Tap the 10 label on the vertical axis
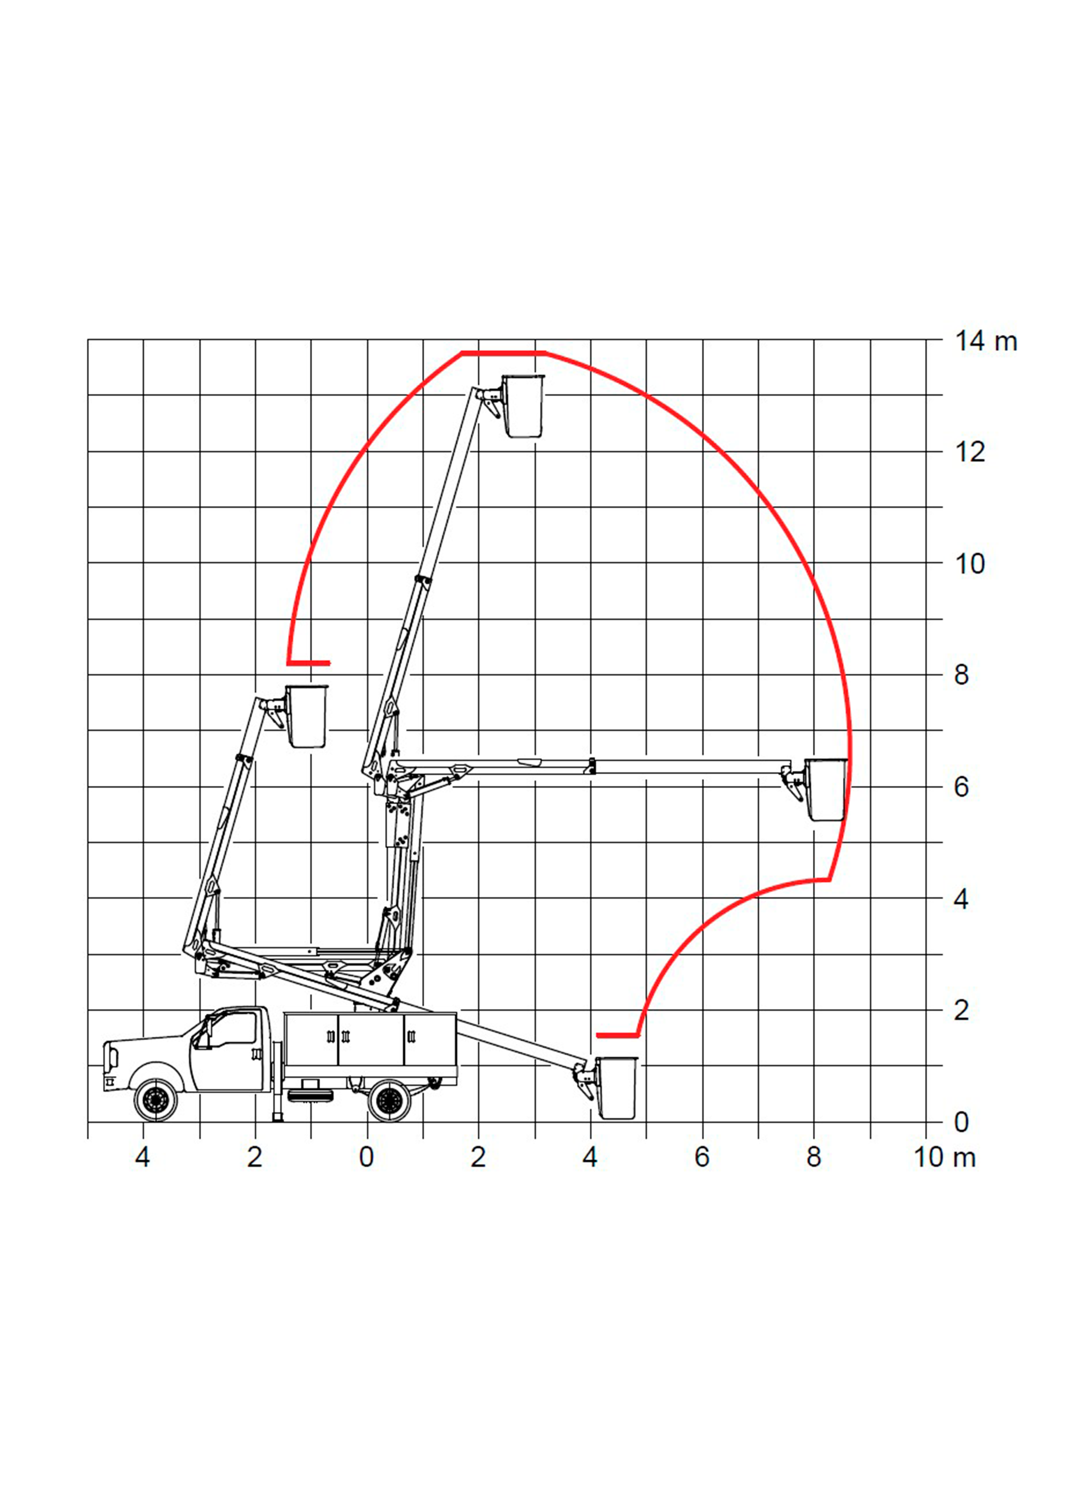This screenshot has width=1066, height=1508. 970,564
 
